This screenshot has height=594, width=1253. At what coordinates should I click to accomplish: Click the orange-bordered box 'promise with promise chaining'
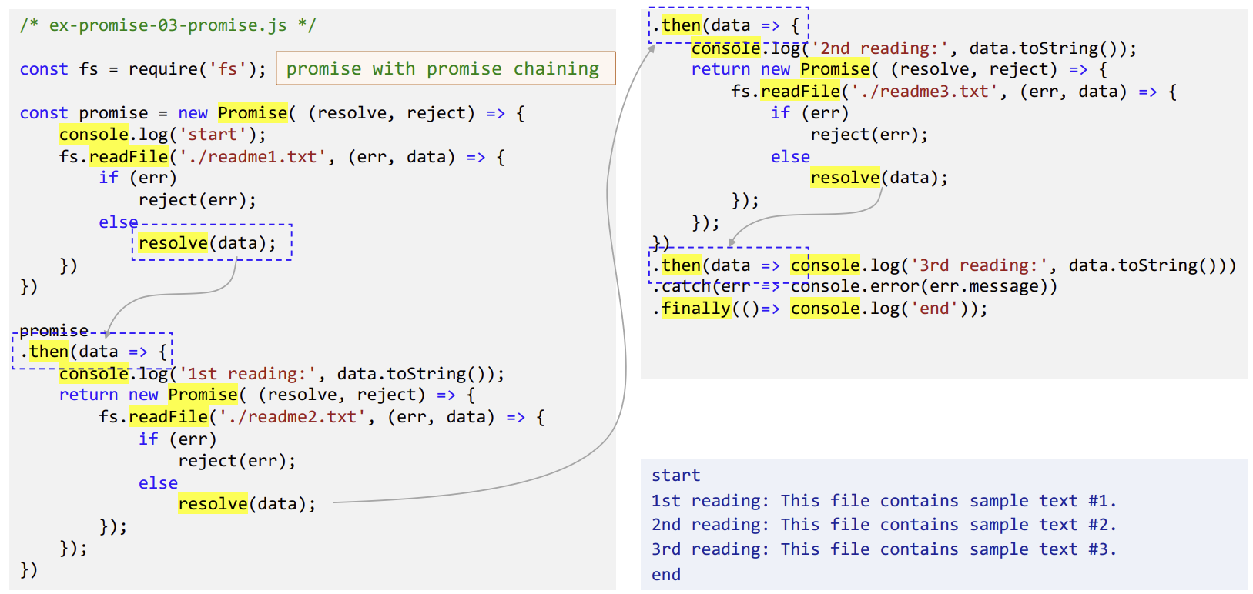(445, 68)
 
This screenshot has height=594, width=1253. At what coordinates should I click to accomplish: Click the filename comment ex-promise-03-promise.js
(167, 25)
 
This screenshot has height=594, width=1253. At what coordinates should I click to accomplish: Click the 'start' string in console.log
(213, 135)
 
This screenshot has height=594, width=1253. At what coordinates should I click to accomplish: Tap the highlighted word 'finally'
(696, 309)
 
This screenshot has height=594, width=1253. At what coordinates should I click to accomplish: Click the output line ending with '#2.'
(883, 525)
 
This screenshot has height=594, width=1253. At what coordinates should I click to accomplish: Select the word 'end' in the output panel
(666, 575)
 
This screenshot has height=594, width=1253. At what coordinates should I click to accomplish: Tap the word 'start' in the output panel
(675, 476)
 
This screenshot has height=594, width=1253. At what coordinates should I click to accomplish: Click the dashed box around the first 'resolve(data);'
(212, 242)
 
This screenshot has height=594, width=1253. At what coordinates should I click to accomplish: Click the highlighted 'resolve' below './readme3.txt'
(845, 178)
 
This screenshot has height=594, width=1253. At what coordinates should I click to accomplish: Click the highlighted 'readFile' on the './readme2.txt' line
(169, 417)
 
